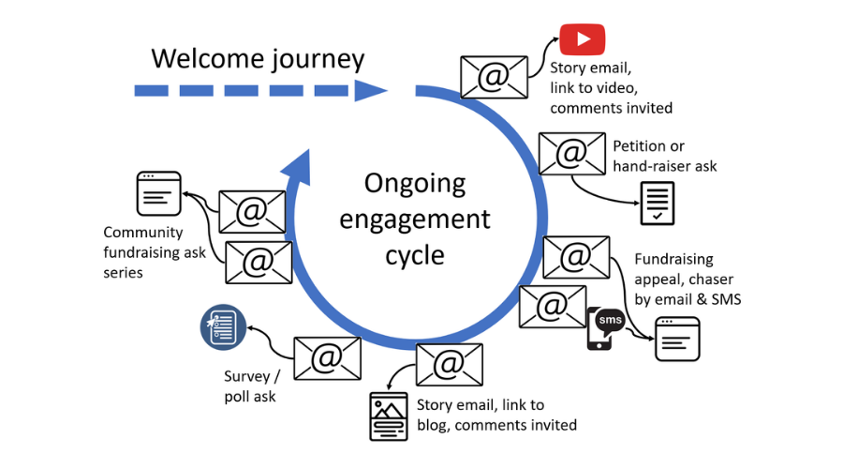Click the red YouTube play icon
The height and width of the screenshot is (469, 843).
583,39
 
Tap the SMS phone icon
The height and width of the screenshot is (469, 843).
605,327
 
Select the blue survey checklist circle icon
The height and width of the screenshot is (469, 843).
222,327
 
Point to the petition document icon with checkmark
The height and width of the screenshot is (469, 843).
657,204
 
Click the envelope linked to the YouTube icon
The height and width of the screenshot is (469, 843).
493,77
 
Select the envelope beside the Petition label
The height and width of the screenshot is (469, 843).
571,153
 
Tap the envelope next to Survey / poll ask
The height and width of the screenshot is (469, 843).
327,357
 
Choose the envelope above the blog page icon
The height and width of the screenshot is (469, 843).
450,364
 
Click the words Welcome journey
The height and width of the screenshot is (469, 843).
258,58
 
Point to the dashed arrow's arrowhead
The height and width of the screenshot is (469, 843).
373,90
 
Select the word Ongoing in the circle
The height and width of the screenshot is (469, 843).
414,183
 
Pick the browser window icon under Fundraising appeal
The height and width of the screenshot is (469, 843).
677,338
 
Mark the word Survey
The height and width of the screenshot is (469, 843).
246,377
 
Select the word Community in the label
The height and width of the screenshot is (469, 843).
142,233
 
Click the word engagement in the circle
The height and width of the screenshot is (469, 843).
414,219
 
